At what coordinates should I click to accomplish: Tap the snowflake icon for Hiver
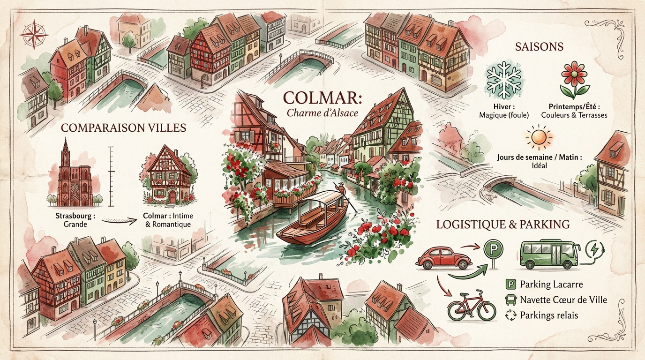504,80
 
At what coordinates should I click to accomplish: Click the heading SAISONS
539,47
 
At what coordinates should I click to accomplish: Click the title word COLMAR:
314,99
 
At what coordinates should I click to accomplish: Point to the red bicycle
471,305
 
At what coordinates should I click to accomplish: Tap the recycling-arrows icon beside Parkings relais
510,315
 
